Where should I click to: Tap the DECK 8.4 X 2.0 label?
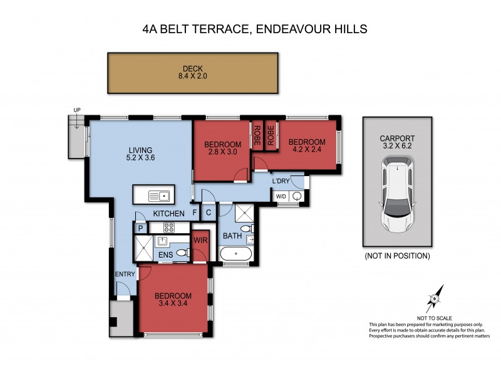(x=193, y=73)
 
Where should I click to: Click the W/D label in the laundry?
(x=282, y=197)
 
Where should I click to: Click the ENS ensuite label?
(x=165, y=254)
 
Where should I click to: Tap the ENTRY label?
(x=125, y=274)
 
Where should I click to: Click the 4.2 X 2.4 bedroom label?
(x=307, y=146)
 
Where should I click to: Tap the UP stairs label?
(x=77, y=111)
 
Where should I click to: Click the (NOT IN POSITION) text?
(x=397, y=256)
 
